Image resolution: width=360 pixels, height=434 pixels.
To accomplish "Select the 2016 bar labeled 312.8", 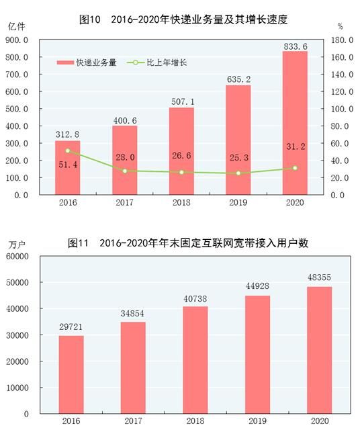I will pyautogui.click(x=67, y=168).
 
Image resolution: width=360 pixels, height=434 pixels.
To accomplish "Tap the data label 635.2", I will pyautogui.click(x=238, y=79).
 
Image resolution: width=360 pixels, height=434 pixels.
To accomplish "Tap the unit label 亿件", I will pyautogui.click(x=17, y=26).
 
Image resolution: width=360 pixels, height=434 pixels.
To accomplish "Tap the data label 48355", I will pyautogui.click(x=319, y=277).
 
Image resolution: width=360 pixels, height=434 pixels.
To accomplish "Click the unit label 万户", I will pyautogui.click(x=17, y=243).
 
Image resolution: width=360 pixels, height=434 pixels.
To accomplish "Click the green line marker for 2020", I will pyautogui.click(x=295, y=168).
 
